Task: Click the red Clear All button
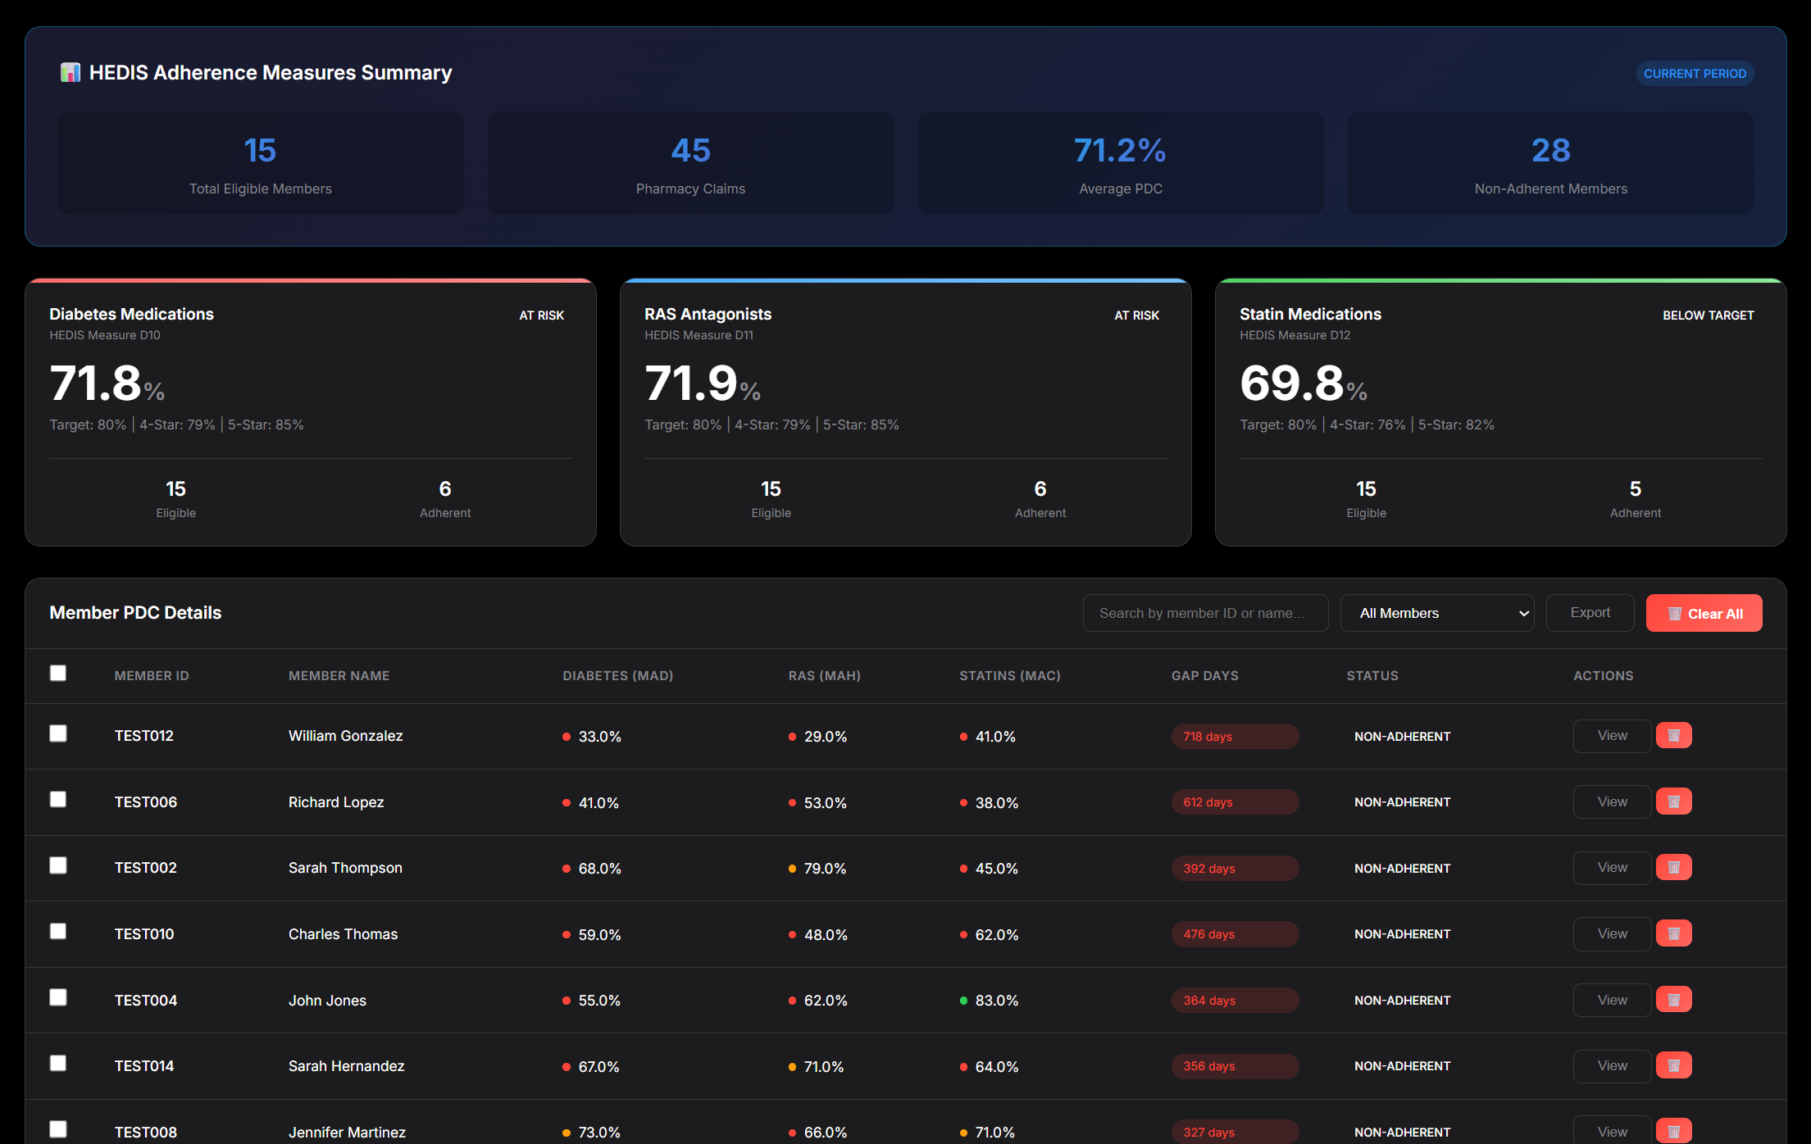(x=1703, y=613)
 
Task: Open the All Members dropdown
(x=1436, y=613)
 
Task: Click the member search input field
(x=1204, y=613)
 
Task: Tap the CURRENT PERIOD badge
(x=1694, y=74)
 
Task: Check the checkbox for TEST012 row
(x=58, y=733)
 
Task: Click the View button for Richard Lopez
(x=1611, y=801)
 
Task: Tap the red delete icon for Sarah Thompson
(x=1673, y=867)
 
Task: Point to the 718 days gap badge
(x=1234, y=736)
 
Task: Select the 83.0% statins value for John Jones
(x=995, y=1001)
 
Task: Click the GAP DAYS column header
(x=1204, y=675)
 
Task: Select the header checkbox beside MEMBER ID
(x=58, y=673)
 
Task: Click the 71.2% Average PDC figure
(x=1120, y=151)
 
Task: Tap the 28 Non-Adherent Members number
(x=1550, y=151)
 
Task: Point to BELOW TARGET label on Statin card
(x=1708, y=316)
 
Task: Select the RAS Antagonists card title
(x=708, y=314)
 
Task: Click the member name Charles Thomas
(x=343, y=934)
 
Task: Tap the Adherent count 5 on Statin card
(x=1635, y=489)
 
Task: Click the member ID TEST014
(x=144, y=1066)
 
